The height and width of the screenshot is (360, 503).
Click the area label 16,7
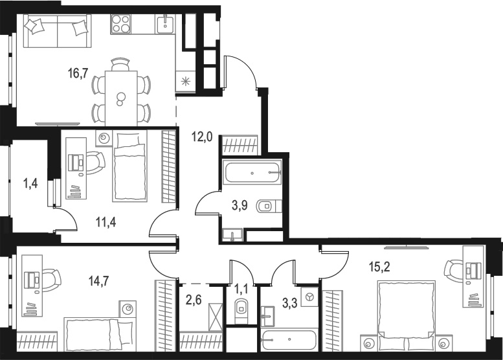(x=78, y=73)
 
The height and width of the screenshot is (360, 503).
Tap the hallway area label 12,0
(x=201, y=137)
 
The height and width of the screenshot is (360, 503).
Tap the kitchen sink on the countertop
(x=164, y=25)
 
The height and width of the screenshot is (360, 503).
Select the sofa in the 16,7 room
(x=56, y=30)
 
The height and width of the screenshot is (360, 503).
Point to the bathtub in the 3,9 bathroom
(x=252, y=174)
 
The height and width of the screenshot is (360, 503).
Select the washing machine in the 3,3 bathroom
(x=309, y=297)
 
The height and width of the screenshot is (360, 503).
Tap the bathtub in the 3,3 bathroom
(x=289, y=340)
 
